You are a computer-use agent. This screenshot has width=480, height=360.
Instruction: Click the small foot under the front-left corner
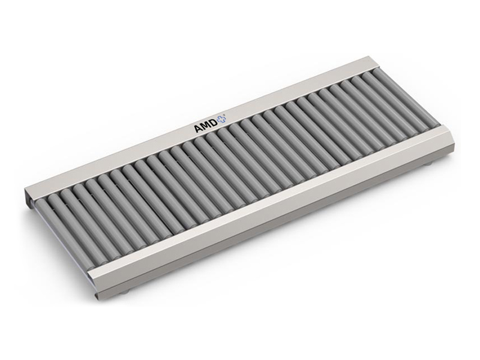tap(123, 293)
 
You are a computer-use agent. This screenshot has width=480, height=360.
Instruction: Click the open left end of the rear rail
tap(29, 199)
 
